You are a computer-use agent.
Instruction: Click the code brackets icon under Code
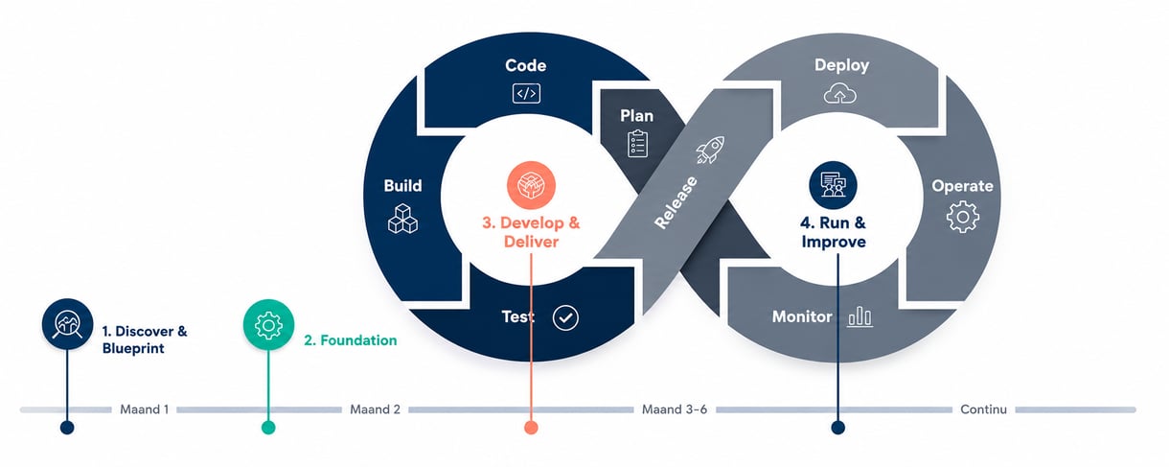pos(526,94)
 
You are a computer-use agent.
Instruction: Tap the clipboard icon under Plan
pos(637,144)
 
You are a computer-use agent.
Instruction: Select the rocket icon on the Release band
pos(710,150)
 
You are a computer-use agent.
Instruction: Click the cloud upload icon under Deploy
pos(840,93)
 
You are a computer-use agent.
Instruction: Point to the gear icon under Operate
pos(963,217)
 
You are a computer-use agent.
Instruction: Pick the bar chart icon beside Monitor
pos(860,316)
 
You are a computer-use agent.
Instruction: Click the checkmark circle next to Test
pos(565,317)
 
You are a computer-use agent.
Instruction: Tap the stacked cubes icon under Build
pos(402,219)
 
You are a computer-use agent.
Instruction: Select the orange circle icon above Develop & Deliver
pos(531,185)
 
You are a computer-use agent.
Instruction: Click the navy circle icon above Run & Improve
pos(833,185)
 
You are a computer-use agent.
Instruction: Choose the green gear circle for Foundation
pos(268,325)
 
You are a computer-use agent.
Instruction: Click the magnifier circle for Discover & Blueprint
pos(67,324)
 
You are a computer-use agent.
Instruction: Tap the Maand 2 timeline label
pos(375,409)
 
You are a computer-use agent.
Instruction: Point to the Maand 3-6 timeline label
pos(675,409)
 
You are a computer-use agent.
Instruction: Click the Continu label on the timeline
pos(984,409)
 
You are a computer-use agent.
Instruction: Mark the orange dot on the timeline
pos(531,428)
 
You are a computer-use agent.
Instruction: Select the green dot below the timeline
pos(268,428)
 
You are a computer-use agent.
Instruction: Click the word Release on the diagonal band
pos(676,202)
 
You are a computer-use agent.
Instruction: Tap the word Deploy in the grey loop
pos(842,65)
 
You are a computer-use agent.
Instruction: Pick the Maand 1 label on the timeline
pos(145,409)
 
